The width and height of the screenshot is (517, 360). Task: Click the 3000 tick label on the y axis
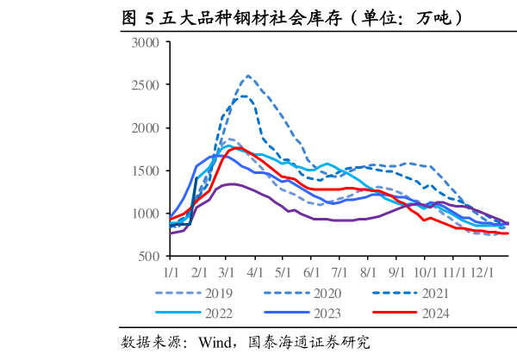pyautogui.click(x=146, y=43)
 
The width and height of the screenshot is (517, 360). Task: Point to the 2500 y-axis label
pyautogui.click(x=146, y=85)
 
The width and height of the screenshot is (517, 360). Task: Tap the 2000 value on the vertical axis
pyautogui.click(x=146, y=128)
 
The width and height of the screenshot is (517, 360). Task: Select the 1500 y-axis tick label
pyautogui.click(x=146, y=171)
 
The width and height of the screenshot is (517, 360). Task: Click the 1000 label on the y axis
pyautogui.click(x=146, y=214)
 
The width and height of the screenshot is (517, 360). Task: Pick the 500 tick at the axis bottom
pyautogui.click(x=149, y=256)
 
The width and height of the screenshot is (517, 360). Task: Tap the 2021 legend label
pyautogui.click(x=435, y=293)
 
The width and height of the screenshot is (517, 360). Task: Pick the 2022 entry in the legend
pyautogui.click(x=219, y=313)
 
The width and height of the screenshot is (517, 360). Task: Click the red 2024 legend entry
pyautogui.click(x=435, y=313)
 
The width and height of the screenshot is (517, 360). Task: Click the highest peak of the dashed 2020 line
pyautogui.click(x=249, y=75)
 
